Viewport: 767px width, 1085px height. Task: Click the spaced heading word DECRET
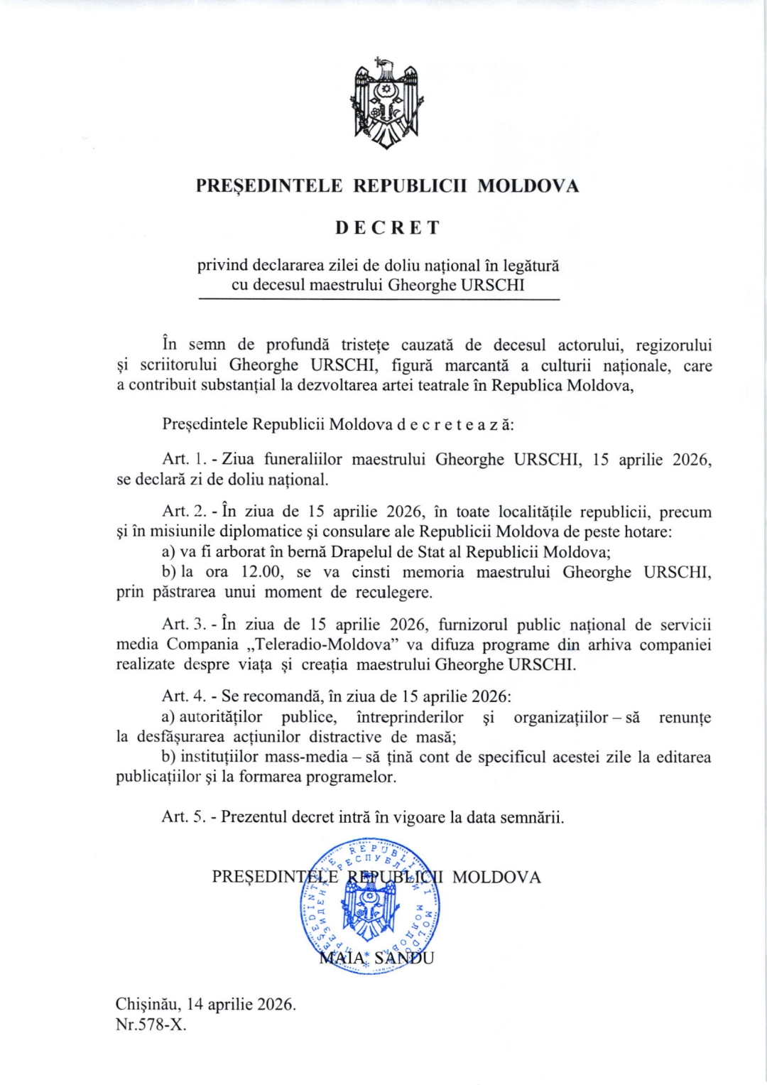click(x=388, y=227)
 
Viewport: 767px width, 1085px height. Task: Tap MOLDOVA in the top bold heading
click(x=528, y=186)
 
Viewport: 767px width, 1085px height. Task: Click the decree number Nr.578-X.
click(x=151, y=1025)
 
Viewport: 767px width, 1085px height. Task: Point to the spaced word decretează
click(x=455, y=424)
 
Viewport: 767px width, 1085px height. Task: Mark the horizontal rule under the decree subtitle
click(x=379, y=300)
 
